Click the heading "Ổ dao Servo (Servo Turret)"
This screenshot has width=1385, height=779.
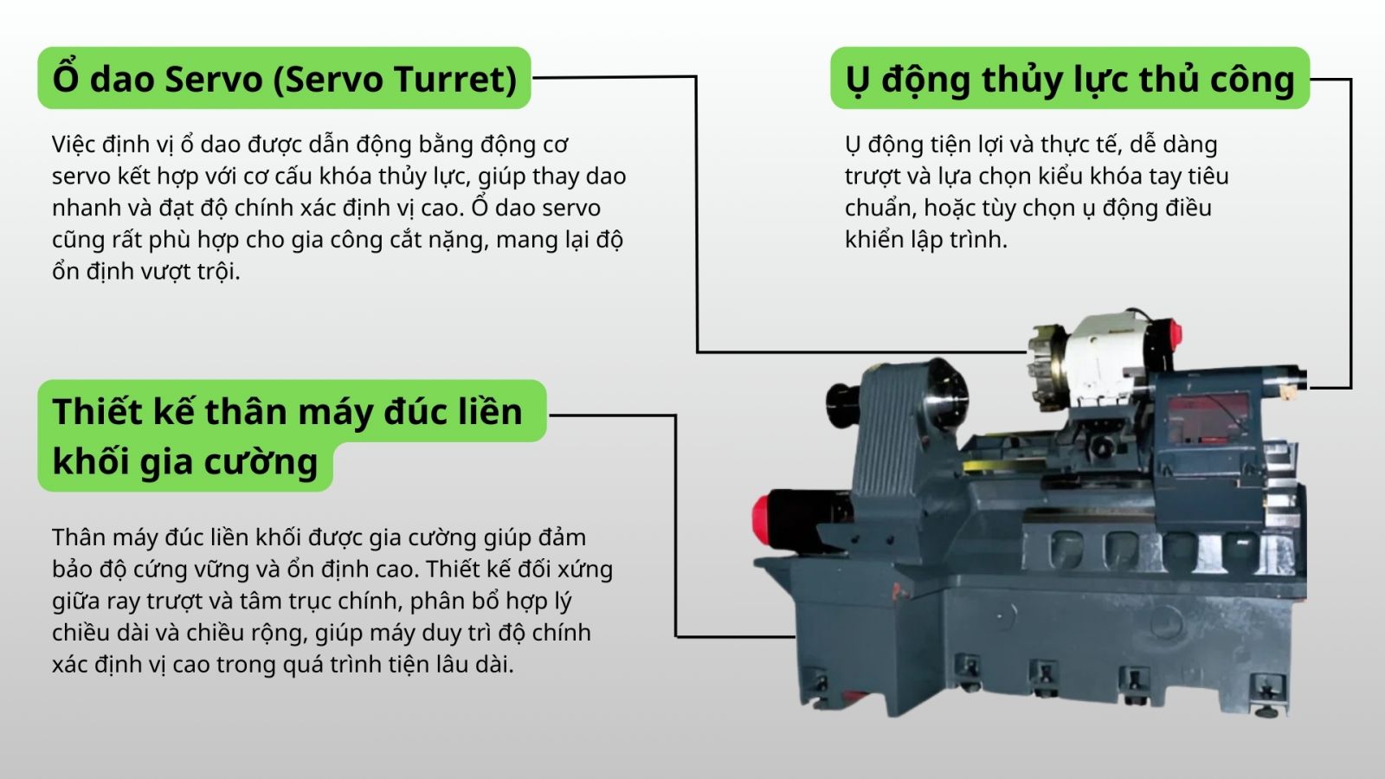click(285, 79)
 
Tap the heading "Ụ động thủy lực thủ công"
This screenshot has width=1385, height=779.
click(1070, 79)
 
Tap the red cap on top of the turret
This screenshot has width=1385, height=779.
click(1174, 334)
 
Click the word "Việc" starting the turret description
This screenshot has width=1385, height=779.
click(74, 144)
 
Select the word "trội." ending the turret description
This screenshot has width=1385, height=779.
click(219, 272)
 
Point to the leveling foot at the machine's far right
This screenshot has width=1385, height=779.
click(1266, 699)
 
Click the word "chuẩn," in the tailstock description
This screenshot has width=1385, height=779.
click(880, 209)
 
